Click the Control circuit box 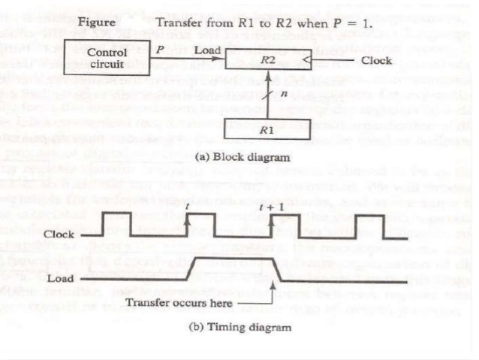pos(107,58)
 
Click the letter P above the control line pos(159,47)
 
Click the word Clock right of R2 pos(376,59)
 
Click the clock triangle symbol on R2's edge pos(304,59)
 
